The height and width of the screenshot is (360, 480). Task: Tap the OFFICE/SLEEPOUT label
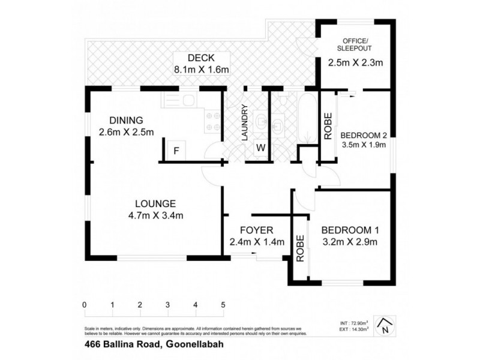coord(353,44)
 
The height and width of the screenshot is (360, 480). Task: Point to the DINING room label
coord(127,120)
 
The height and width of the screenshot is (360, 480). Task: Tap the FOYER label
coord(256,230)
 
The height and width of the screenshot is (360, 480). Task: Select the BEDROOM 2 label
coord(363,134)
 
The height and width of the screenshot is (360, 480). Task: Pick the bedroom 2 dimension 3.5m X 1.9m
coord(363,145)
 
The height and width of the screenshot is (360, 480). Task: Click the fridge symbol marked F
coord(176,151)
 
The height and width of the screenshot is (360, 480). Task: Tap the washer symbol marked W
coord(260,148)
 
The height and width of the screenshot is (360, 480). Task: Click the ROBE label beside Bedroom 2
coord(328,126)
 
